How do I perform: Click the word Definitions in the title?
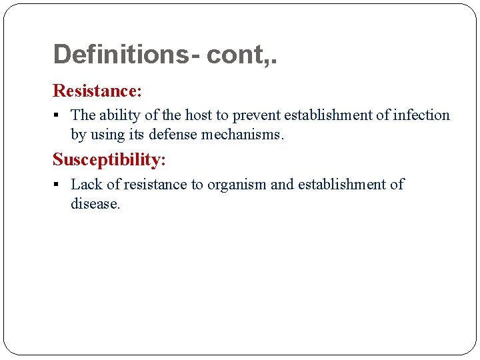121,55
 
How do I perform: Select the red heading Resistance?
97,90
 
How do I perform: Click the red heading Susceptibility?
109,159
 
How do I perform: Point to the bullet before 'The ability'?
59,116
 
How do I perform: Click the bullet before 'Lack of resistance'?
59,185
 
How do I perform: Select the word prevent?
256,115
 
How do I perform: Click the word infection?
421,115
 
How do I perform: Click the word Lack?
86,185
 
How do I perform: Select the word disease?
95,204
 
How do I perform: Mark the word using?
107,135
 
